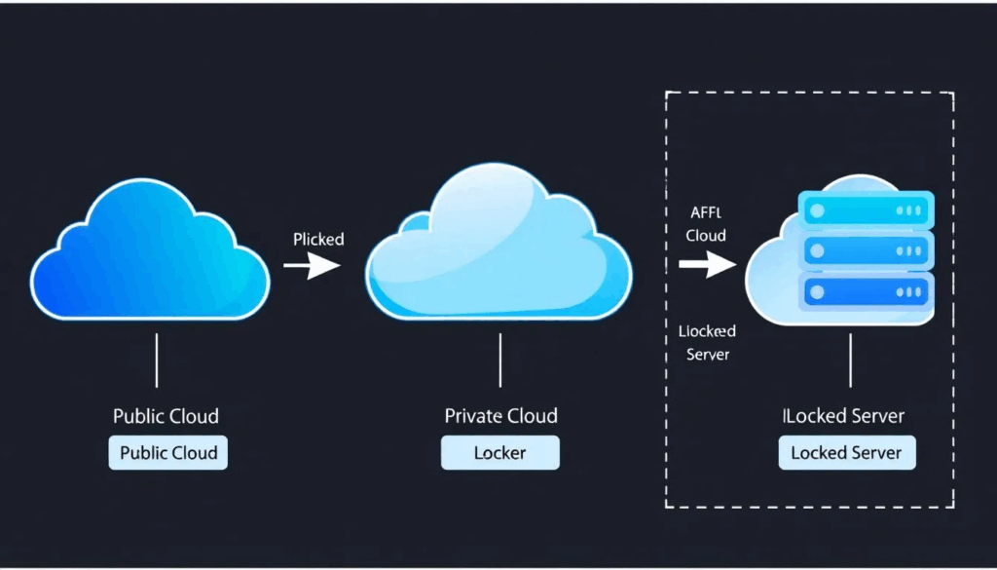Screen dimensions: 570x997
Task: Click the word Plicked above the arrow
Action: click(318, 239)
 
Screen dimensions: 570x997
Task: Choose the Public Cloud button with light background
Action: click(167, 453)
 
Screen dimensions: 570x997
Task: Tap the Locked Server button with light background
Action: click(846, 453)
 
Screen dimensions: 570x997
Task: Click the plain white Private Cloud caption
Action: click(500, 416)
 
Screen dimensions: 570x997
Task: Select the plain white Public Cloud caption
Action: click(166, 416)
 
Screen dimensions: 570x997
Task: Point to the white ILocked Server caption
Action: click(844, 416)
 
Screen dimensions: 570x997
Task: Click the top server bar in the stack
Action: click(866, 209)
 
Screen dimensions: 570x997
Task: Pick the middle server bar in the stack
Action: click(866, 250)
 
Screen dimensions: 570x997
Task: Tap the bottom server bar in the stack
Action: click(866, 291)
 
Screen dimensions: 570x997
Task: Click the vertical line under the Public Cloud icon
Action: click(156, 360)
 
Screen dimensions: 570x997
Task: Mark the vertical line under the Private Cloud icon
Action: click(499, 360)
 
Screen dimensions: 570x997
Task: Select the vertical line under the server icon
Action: click(851, 360)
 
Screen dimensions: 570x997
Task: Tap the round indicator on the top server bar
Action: click(816, 209)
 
